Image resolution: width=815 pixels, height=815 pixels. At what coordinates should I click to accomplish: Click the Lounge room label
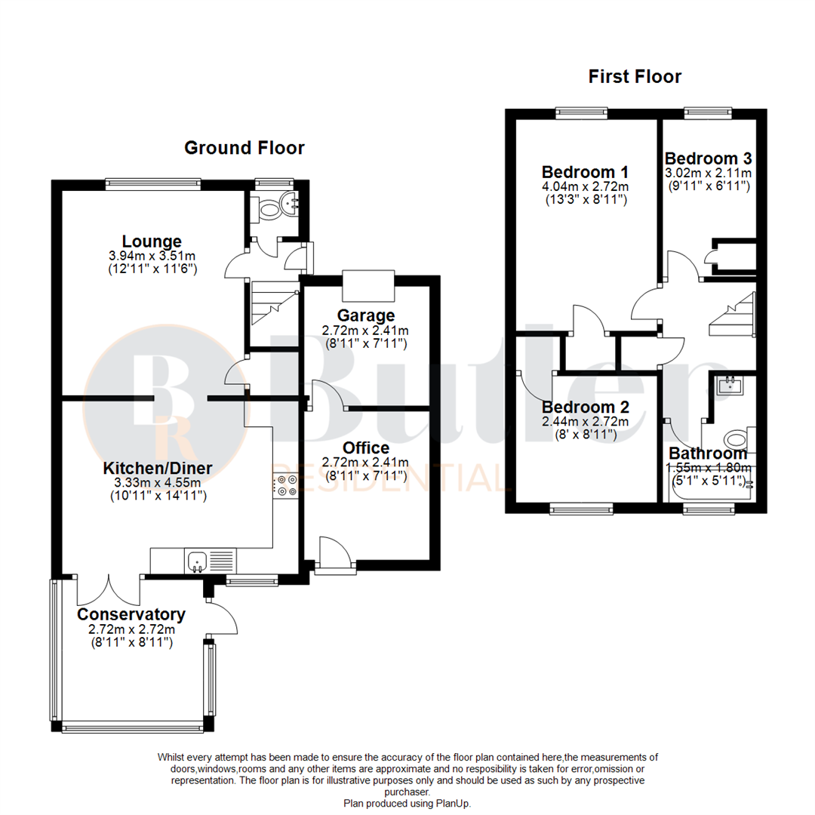coord(152,241)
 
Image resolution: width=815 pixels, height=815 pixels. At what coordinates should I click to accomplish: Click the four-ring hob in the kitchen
coord(285,485)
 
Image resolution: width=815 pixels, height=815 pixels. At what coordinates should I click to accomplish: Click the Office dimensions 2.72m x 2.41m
coord(365,463)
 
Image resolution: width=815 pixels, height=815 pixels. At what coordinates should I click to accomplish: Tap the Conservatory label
coord(131,614)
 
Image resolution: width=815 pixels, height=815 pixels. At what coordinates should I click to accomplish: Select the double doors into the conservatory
coord(109,589)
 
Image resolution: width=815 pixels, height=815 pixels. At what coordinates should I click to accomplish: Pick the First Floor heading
coord(635,76)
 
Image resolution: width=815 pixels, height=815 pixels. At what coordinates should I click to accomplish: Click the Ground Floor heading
coord(244,148)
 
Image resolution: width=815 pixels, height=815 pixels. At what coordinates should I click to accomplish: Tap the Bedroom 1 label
coord(585,171)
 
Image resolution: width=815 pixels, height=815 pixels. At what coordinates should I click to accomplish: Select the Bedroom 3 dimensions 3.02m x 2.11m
coord(707,173)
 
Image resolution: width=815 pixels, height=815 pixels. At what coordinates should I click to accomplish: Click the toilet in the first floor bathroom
coord(736,439)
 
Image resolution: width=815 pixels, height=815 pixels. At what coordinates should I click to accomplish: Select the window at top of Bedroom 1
coord(581,113)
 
